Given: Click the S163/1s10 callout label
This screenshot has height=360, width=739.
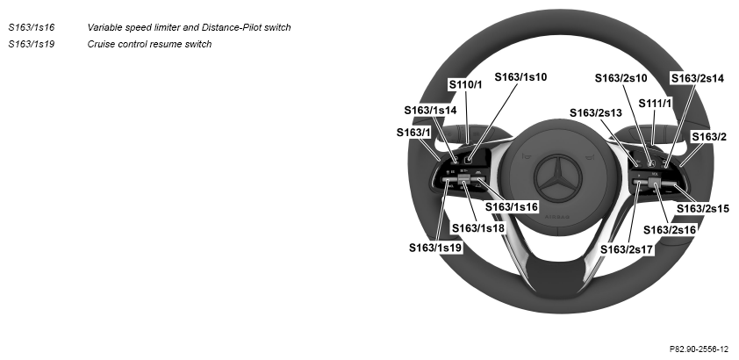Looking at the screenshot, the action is click(x=520, y=76).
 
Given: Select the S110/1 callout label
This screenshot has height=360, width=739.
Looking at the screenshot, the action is click(x=465, y=85).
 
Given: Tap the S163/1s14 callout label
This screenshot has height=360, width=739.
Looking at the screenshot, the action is click(x=430, y=111).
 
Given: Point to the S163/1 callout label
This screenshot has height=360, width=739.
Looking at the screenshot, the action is click(x=413, y=133).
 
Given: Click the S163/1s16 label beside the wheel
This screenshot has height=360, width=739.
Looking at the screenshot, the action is click(x=512, y=207).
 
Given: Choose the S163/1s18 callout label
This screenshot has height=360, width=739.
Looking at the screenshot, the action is click(x=478, y=228).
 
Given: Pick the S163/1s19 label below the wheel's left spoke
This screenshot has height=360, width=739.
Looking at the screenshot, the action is click(x=435, y=248).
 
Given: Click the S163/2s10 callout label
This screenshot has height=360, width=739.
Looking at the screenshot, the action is click(x=621, y=78).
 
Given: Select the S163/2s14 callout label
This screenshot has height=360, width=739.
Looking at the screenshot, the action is click(x=697, y=78).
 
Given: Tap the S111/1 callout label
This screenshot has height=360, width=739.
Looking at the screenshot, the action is click(x=655, y=104).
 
